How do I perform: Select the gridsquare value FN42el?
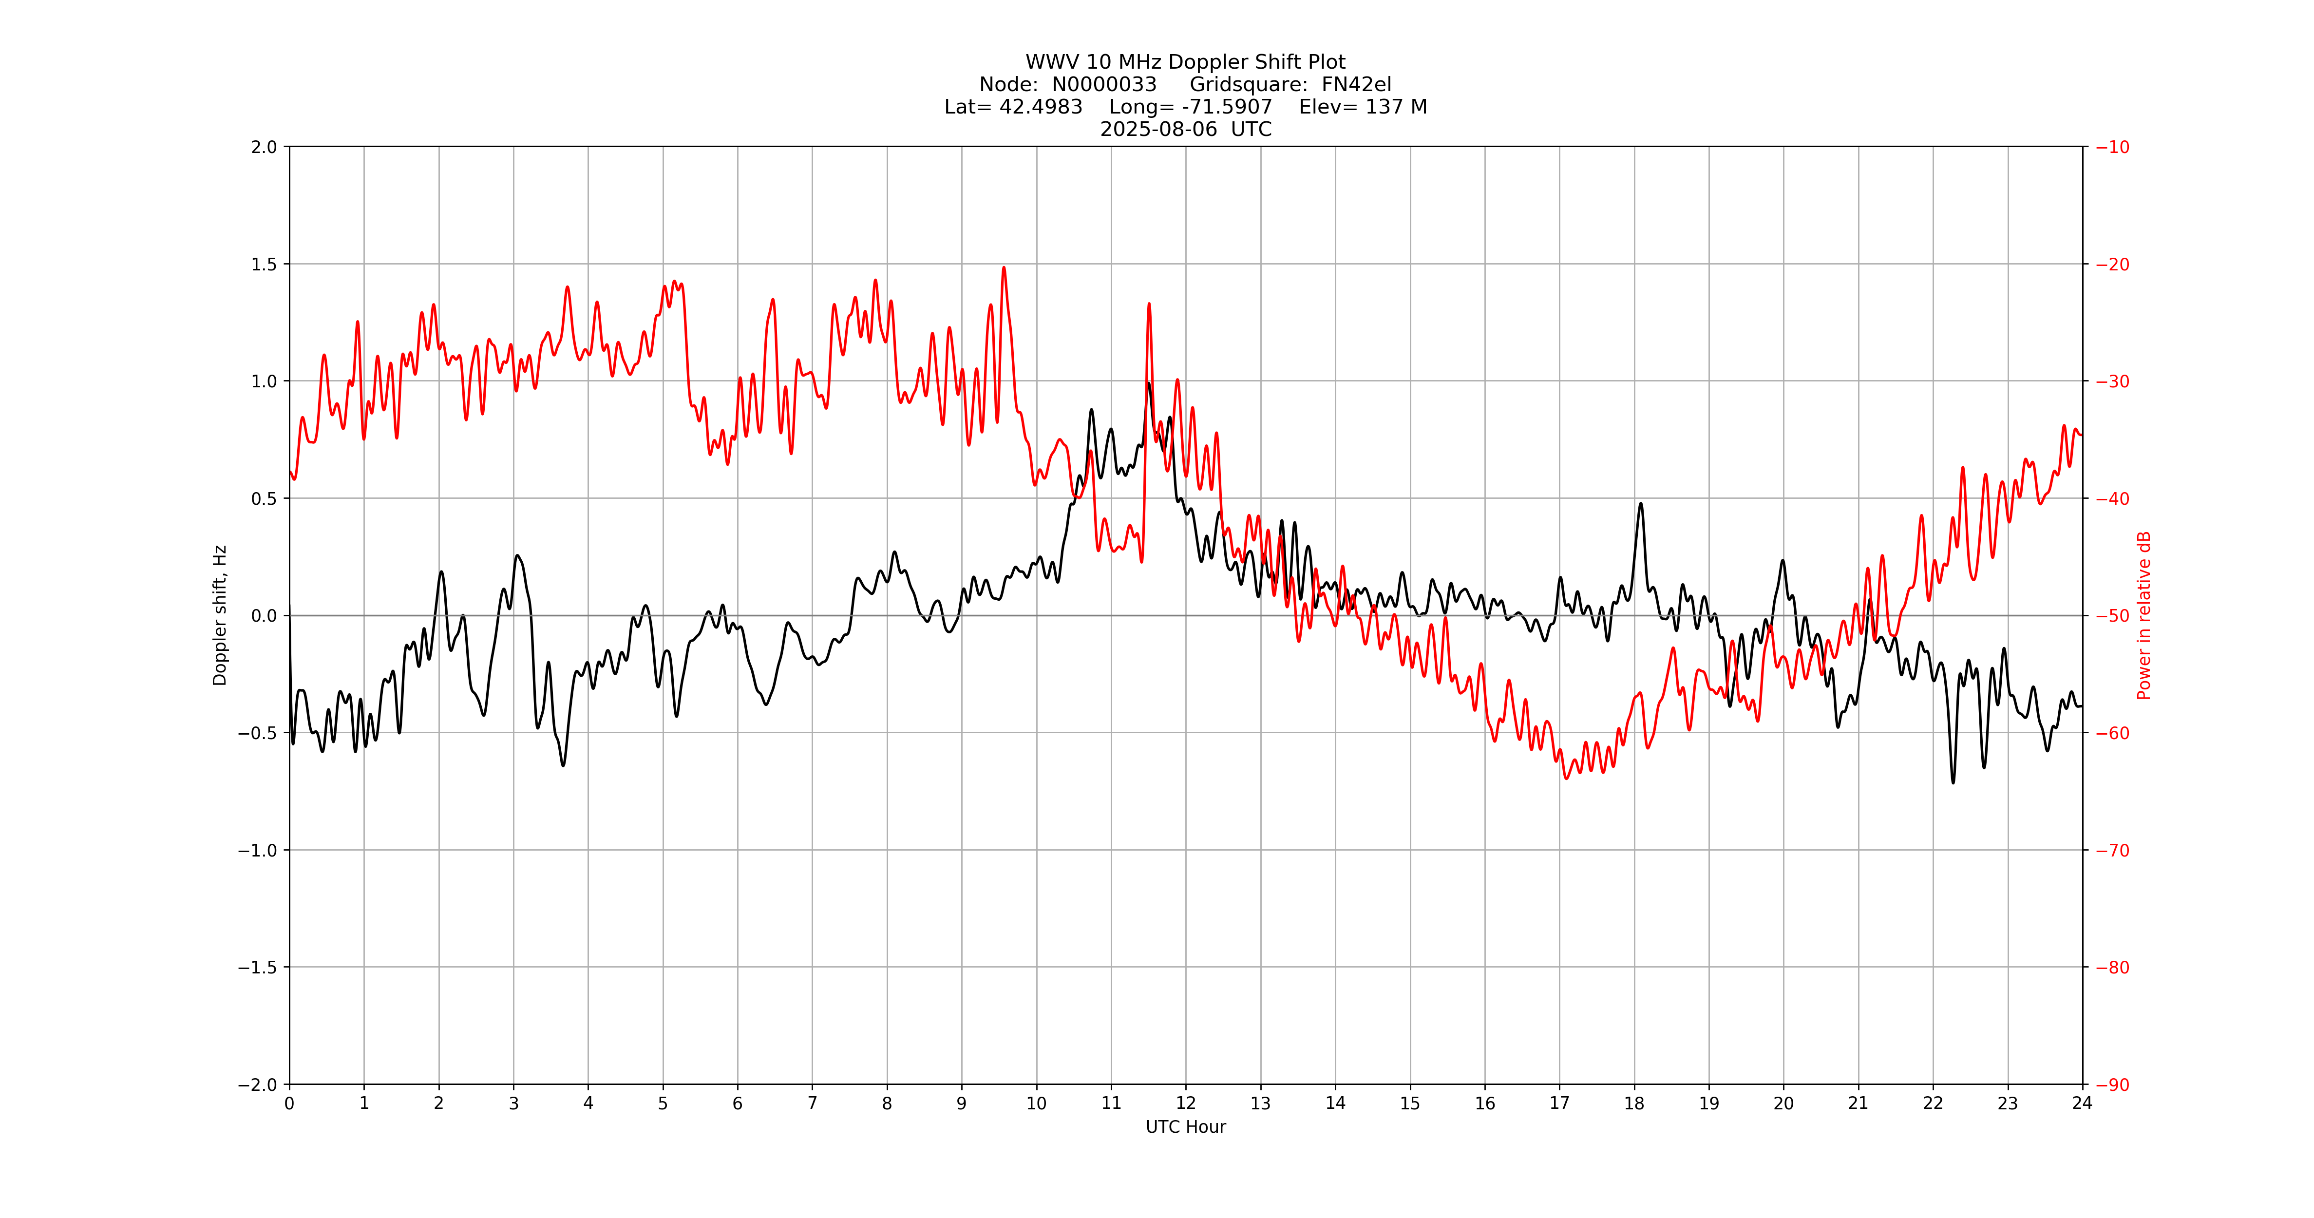[x=1356, y=84]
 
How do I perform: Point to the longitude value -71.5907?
[x=1227, y=107]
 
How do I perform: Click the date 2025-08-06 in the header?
[x=1159, y=129]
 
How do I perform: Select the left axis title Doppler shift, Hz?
[x=220, y=615]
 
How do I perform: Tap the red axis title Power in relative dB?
[x=2144, y=615]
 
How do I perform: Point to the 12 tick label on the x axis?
[x=1186, y=1103]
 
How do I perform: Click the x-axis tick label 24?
[x=2082, y=1103]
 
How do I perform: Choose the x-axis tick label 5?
[x=663, y=1103]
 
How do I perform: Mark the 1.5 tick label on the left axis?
[x=264, y=264]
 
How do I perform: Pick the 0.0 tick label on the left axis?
[x=264, y=615]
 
